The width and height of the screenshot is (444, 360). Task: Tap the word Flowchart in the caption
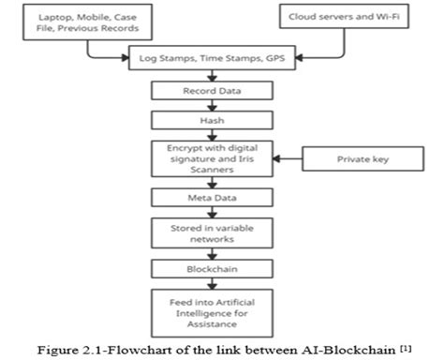[138, 345]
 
